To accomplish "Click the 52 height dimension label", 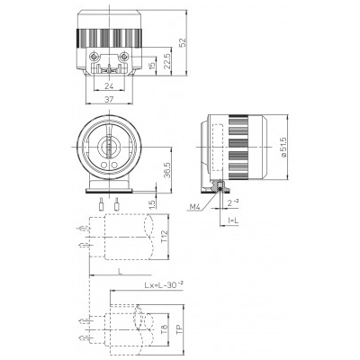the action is (x=183, y=42).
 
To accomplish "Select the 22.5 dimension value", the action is (x=167, y=61).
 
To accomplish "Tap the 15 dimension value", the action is (x=152, y=65).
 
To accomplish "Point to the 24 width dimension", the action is (x=109, y=86).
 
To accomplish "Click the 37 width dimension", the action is (x=109, y=100).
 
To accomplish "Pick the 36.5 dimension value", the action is (x=167, y=170).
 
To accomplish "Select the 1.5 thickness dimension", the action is (x=152, y=204).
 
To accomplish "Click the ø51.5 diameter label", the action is (x=283, y=147).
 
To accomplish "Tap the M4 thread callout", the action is (x=194, y=207).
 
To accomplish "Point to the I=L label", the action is (x=233, y=221).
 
